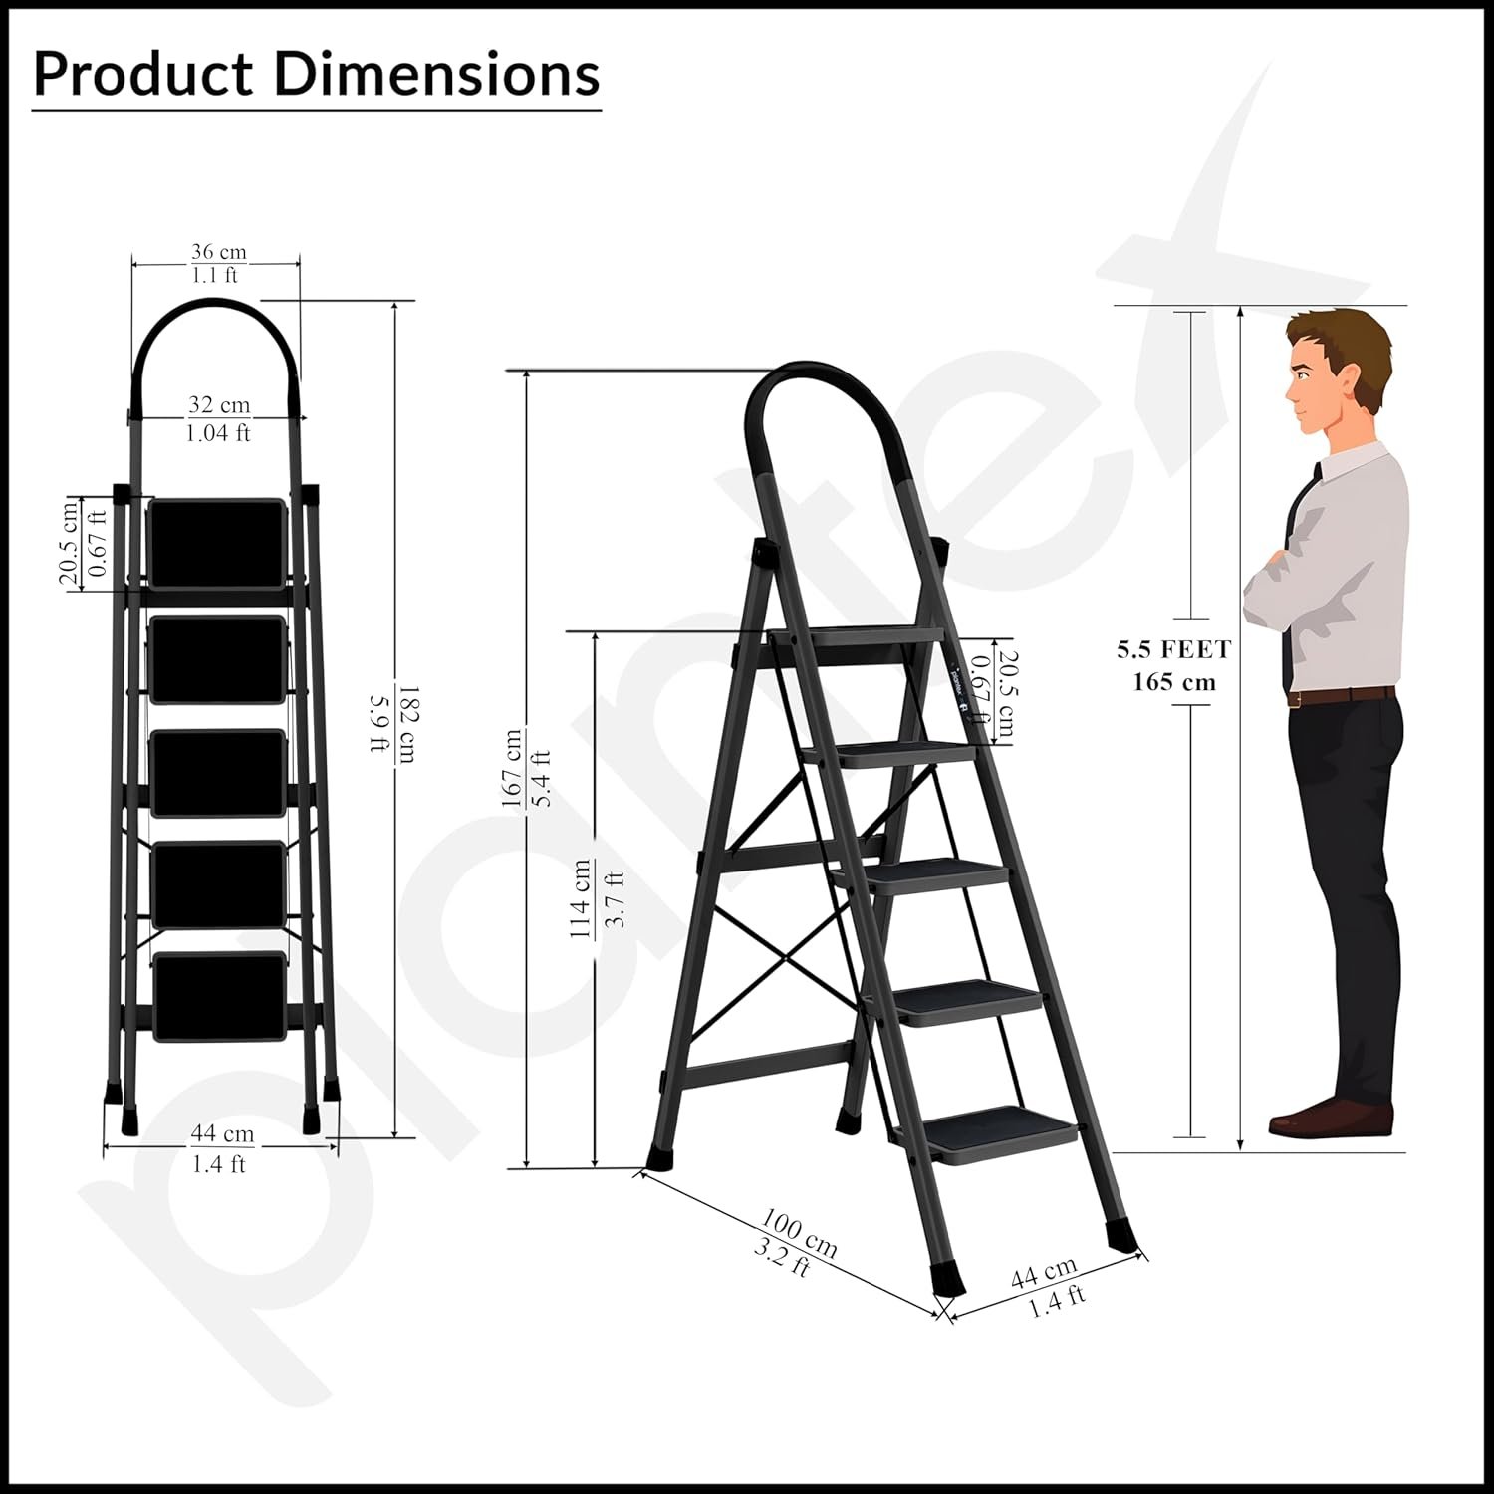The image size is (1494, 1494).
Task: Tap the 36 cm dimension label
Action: pos(218,253)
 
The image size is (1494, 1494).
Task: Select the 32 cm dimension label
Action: pos(219,405)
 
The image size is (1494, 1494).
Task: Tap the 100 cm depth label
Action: pos(800,1232)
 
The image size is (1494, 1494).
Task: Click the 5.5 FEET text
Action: pos(1174,650)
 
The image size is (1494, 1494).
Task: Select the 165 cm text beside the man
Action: pos(1174,683)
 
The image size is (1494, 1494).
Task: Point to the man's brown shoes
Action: pos(1331,1117)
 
